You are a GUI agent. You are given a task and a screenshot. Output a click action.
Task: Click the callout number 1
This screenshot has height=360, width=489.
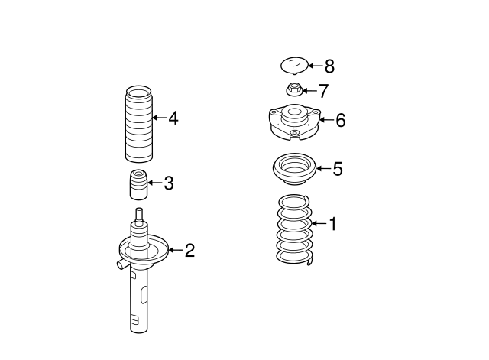[332, 224]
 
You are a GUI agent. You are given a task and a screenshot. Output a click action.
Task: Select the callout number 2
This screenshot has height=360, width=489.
[189, 250]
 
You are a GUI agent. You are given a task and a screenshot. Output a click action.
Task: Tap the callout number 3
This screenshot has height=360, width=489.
[169, 183]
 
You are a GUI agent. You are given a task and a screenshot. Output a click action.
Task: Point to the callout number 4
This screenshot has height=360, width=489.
[173, 118]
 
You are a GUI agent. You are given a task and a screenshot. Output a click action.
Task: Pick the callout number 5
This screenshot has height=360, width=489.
[338, 169]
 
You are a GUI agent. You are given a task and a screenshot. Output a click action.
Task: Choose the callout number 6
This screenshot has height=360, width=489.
[341, 119]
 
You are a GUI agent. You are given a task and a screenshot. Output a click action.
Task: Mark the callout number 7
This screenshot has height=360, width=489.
[323, 91]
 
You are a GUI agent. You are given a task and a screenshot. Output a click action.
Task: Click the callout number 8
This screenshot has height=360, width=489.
[329, 66]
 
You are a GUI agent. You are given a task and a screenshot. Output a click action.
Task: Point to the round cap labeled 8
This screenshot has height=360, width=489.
[293, 66]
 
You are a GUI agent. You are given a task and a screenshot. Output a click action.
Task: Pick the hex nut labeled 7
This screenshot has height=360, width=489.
[293, 89]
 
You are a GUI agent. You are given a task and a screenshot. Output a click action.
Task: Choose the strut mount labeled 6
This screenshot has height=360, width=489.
[293, 125]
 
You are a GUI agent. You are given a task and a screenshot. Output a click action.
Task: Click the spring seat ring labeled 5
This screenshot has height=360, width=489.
[293, 169]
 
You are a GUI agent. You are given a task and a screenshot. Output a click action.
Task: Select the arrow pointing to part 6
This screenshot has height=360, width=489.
[324, 119]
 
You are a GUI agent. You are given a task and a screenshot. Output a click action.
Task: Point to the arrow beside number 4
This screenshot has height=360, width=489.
[157, 118]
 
